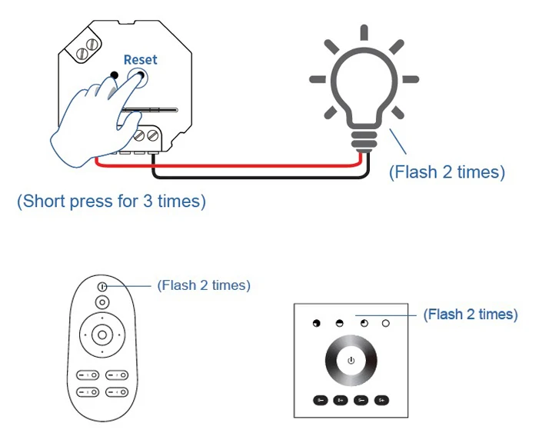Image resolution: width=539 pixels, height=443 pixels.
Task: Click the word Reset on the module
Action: coord(140,59)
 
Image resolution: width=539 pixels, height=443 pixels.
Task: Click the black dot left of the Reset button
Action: coord(115,75)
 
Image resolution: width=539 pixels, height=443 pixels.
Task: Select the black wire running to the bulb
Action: coord(254,176)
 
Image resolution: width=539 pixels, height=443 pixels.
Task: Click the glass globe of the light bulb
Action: coord(363,84)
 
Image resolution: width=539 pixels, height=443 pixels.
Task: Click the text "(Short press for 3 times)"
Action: coord(111,202)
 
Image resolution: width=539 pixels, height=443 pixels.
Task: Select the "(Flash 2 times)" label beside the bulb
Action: coord(447,172)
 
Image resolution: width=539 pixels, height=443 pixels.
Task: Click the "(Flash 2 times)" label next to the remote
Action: coord(204,285)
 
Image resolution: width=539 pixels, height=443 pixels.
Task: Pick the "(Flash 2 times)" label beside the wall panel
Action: coord(471,315)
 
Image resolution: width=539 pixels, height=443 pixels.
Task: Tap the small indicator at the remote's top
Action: coord(102,286)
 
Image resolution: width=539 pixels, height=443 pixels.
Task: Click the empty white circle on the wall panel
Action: coord(385,324)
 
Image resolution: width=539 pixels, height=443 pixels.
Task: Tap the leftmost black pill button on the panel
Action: coord(320,400)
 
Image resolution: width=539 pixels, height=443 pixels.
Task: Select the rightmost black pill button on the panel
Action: coord(381,400)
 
